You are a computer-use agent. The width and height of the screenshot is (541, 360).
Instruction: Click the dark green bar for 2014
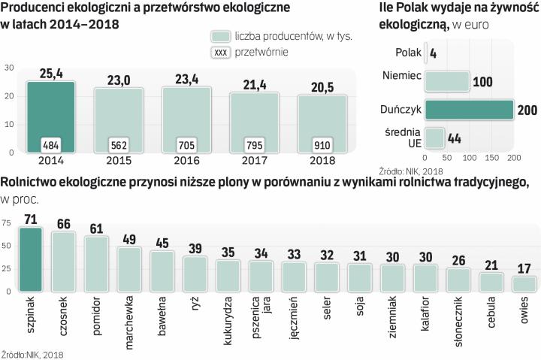point(51,113)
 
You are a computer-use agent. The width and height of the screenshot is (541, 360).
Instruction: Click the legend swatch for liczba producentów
point(219,36)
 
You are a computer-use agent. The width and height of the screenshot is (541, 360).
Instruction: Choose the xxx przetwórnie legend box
point(220,52)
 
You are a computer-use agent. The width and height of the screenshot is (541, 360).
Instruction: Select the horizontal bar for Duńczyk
point(469,110)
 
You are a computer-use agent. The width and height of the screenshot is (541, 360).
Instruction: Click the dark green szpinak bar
point(31,259)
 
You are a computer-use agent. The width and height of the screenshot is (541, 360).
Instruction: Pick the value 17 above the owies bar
point(524,267)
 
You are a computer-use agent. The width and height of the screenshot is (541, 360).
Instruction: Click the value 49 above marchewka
point(130,240)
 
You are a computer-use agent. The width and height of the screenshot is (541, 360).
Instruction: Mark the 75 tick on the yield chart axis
point(6,223)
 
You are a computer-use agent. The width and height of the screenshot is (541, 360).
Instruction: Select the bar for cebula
point(491,282)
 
